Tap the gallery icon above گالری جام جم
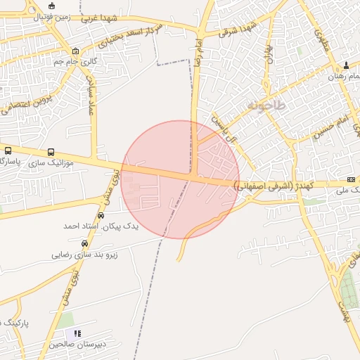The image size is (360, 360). [76, 51]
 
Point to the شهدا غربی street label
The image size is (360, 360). [97, 17]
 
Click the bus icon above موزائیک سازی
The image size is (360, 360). [51, 152]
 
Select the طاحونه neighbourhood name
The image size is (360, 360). [266, 105]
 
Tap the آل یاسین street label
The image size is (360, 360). [224, 129]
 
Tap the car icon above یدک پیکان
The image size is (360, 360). [102, 216]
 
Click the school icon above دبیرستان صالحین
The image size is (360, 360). [77, 333]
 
